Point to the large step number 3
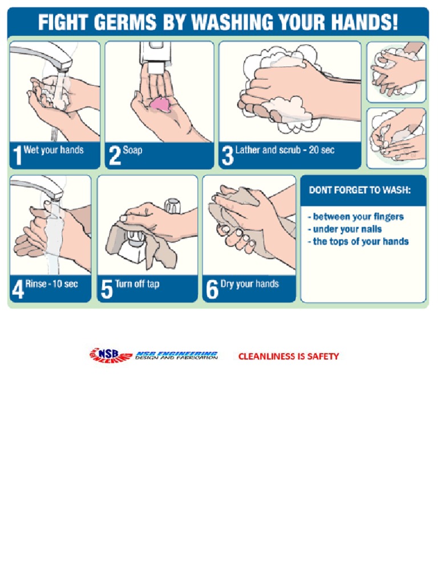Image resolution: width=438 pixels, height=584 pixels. coord(227,155)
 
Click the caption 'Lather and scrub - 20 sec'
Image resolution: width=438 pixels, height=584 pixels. coord(285,151)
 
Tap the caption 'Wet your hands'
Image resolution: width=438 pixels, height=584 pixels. coord(54,151)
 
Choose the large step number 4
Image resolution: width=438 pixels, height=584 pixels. coord(17,289)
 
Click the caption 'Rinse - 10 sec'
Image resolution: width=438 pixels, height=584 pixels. coord(51,283)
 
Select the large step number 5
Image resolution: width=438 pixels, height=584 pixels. coord(106,289)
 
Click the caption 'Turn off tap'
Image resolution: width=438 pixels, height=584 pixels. coord(137,283)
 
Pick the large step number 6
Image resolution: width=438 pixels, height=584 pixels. coord(212,289)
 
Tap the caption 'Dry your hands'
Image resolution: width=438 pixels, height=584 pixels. coord(249,283)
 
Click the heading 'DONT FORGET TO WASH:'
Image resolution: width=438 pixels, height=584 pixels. coord(359,190)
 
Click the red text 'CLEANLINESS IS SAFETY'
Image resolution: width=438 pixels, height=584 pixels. coord(288,356)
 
